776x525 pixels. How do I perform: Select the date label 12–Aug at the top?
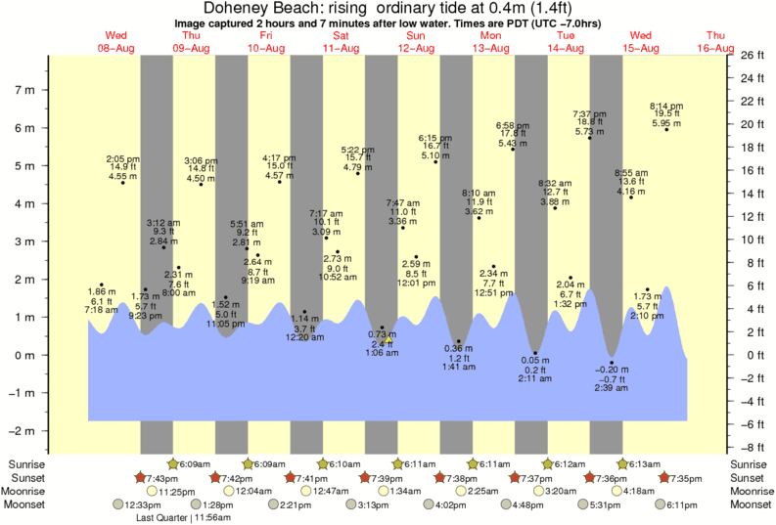(416, 47)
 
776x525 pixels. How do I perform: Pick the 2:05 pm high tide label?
(123, 167)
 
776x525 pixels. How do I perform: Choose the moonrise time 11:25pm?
(173, 491)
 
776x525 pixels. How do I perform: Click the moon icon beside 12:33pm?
(119, 504)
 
